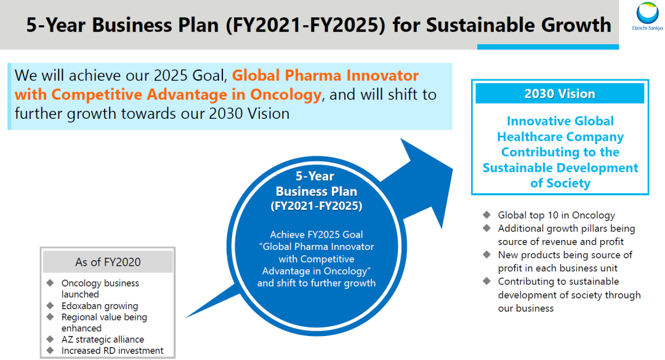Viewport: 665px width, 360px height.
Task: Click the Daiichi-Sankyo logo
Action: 647,16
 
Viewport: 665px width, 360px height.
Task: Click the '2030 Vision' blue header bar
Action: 560,94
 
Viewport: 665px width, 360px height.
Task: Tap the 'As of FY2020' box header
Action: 108,262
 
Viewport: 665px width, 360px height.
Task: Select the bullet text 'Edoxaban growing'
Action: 100,306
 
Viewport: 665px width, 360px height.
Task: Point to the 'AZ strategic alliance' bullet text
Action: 103,339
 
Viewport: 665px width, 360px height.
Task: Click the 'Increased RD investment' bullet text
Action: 113,351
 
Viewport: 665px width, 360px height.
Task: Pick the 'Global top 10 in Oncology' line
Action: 557,215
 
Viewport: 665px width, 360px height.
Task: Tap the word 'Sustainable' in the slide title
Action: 491,25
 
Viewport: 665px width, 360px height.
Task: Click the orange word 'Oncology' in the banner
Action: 286,94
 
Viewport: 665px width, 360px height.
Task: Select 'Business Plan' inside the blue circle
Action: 316,191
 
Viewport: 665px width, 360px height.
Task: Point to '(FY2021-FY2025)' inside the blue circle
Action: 316,206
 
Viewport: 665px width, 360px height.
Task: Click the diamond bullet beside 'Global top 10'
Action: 486,215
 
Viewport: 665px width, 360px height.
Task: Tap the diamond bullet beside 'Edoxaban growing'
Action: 50,306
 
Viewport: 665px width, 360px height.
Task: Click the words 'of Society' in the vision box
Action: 560,183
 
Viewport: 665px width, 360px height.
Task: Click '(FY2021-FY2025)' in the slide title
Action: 305,25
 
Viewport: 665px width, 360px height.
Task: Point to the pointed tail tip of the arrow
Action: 187,317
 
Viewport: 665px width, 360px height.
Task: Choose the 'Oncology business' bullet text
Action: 100,283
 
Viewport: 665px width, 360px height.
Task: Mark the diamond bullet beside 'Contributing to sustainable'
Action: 486,281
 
